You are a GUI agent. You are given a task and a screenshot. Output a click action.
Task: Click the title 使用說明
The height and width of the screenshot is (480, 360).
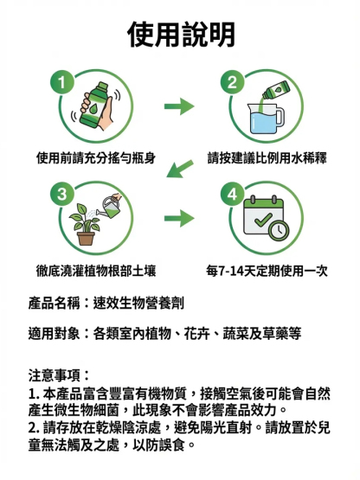point(180,35)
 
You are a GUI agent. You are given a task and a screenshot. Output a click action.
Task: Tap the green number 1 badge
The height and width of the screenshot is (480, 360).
point(61,82)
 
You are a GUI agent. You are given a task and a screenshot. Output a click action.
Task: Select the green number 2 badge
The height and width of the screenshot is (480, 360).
point(231,82)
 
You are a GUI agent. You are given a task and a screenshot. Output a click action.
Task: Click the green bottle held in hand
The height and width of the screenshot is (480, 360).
point(97,107)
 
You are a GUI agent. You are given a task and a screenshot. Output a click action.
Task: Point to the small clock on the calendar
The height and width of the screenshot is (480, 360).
point(279,231)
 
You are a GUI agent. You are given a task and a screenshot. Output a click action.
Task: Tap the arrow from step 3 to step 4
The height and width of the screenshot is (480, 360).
point(179,218)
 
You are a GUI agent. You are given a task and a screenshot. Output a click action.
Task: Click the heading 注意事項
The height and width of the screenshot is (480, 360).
point(59,375)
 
